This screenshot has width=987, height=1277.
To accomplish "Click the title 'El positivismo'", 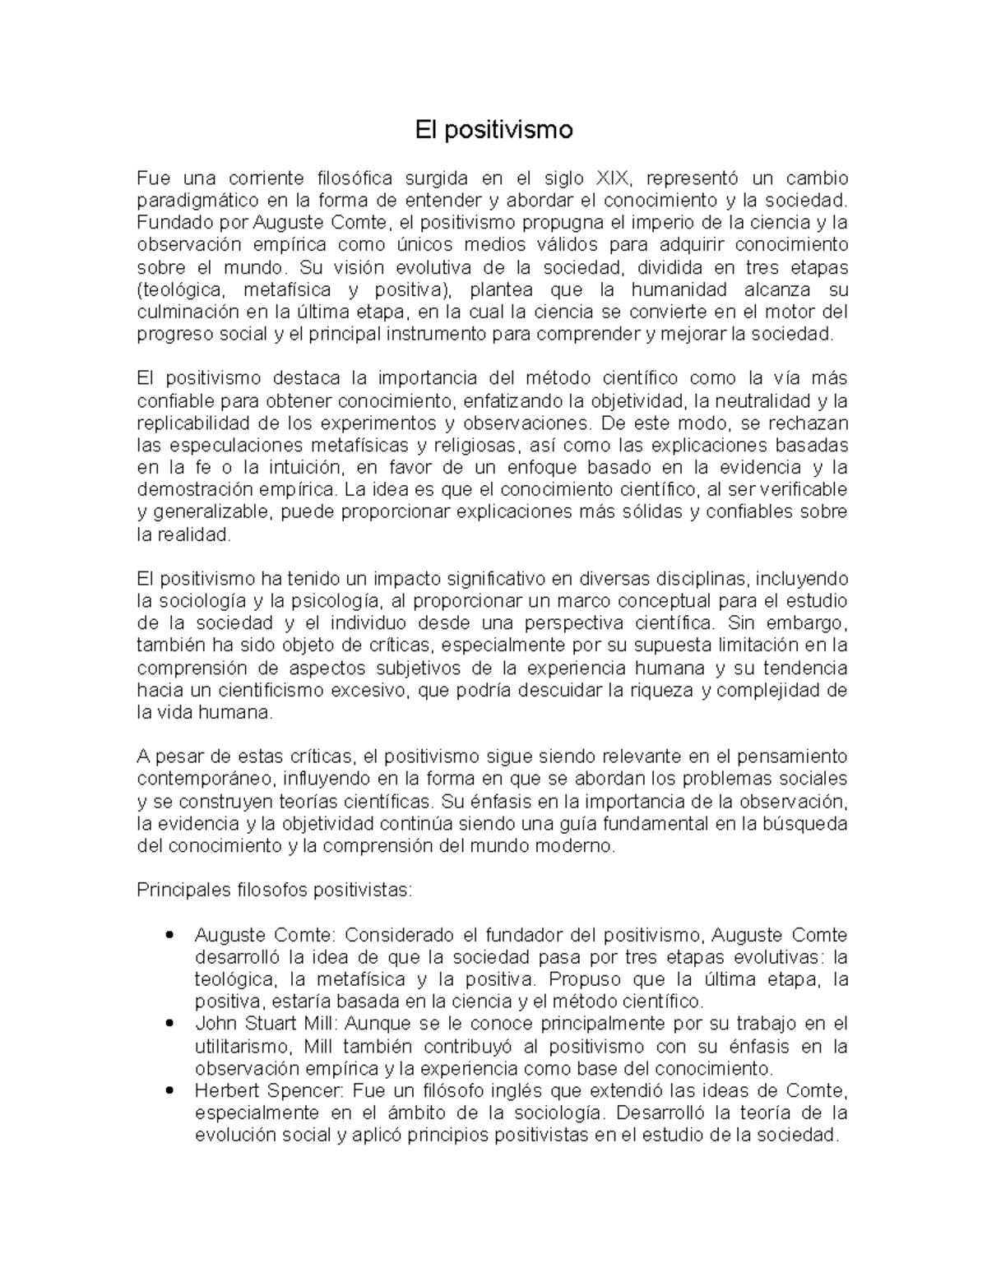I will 493,130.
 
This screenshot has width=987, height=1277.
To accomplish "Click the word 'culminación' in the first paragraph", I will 178,312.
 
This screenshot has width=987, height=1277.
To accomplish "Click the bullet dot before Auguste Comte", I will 169,935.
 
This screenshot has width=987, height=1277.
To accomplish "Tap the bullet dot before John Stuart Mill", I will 169,1024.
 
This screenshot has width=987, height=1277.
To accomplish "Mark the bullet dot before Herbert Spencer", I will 169,1091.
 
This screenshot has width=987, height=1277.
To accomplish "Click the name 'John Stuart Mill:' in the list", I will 266,1024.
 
